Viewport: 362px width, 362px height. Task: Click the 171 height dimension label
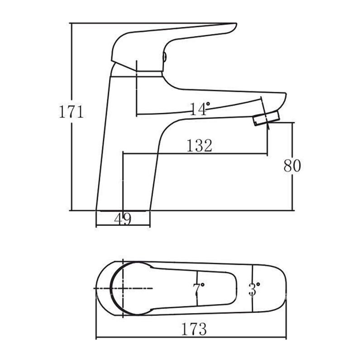tap(71, 112)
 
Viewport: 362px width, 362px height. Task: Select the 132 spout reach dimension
tap(199, 145)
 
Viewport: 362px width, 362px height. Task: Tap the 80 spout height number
tap(292, 165)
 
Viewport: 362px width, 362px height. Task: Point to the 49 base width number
tap(123, 219)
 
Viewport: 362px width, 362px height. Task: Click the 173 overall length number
tap(194, 329)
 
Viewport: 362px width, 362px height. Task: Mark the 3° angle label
tap(254, 289)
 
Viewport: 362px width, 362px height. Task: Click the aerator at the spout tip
tap(266, 118)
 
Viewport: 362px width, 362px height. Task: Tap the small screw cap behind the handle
tap(165, 57)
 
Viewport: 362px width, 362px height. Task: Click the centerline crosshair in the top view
tap(123, 288)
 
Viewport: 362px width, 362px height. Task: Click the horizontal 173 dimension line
tap(191, 337)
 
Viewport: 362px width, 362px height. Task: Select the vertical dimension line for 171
tap(71, 117)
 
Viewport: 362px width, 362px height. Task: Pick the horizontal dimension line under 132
tap(195, 153)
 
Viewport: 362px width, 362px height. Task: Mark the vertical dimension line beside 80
tap(292, 167)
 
